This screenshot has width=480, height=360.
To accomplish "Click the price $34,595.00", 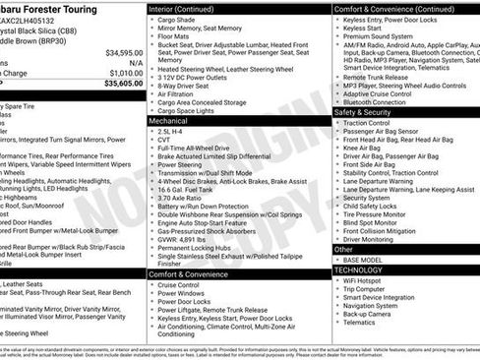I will (x=124, y=52).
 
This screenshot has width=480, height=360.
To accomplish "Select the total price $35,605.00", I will (x=124, y=84).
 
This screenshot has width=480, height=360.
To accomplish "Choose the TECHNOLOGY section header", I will (x=358, y=270).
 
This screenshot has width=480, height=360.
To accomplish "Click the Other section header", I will (x=343, y=249).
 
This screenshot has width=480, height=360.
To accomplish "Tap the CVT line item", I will (x=164, y=139).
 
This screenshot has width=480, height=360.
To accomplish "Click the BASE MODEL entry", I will (x=365, y=260).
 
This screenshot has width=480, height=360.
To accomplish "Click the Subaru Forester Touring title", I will (x=59, y=8).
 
